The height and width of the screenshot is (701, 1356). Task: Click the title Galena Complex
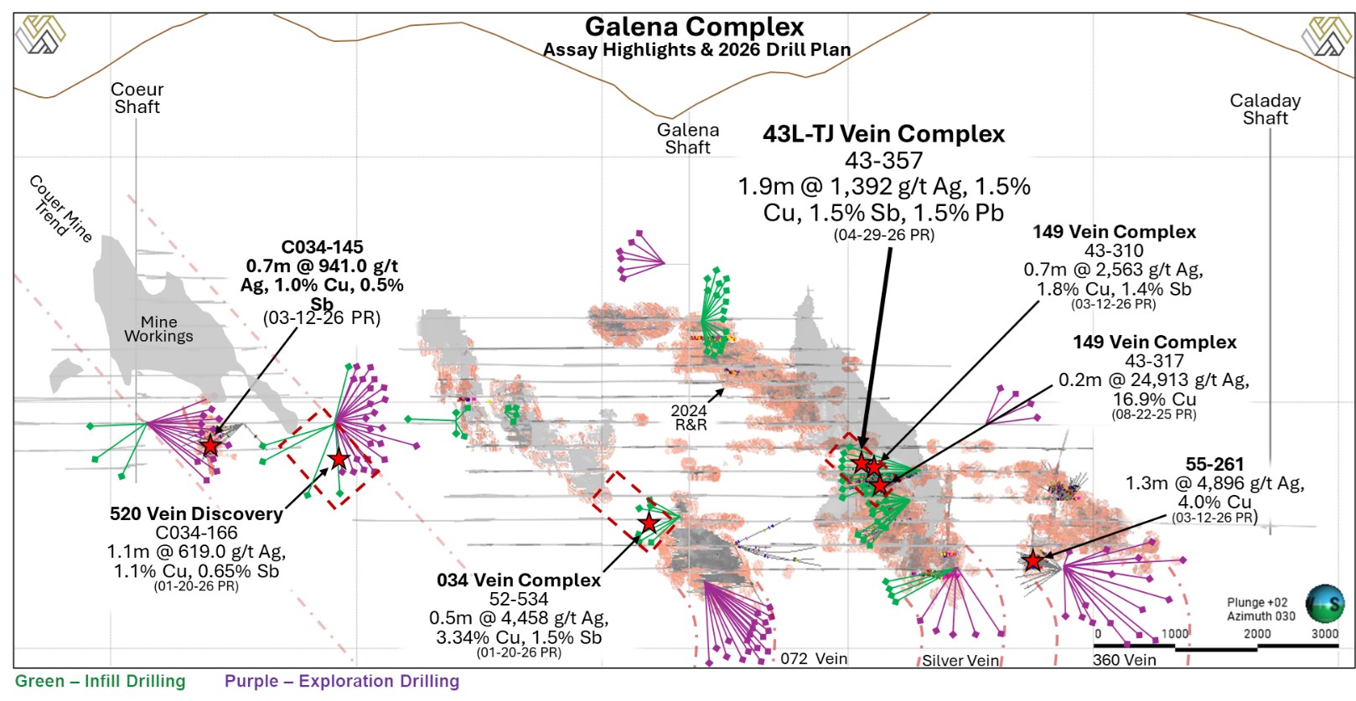[694, 27]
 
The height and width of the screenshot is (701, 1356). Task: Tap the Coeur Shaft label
[137, 98]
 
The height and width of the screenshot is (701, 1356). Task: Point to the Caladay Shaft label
[1265, 109]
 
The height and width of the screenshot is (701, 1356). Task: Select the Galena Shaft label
[687, 138]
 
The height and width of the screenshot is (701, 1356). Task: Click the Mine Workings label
[158, 329]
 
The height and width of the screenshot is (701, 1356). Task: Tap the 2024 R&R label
[690, 417]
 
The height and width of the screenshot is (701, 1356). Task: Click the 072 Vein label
[813, 658]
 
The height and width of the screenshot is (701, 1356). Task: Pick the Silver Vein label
[960, 661]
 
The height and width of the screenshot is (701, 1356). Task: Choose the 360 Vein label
[1124, 660]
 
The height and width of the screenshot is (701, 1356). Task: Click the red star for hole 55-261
[1033, 561]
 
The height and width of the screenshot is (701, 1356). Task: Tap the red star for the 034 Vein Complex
[649, 523]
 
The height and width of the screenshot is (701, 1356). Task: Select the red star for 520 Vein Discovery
[338, 459]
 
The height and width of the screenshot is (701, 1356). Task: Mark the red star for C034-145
[210, 446]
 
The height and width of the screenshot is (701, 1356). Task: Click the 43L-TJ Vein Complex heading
[883, 134]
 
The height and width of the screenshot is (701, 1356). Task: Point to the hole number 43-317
[1154, 361]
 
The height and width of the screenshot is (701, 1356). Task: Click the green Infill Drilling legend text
[101, 681]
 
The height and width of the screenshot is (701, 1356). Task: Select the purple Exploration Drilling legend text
[341, 681]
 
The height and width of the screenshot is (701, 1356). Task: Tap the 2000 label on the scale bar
[1257, 634]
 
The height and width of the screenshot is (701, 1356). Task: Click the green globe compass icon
[1325, 603]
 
